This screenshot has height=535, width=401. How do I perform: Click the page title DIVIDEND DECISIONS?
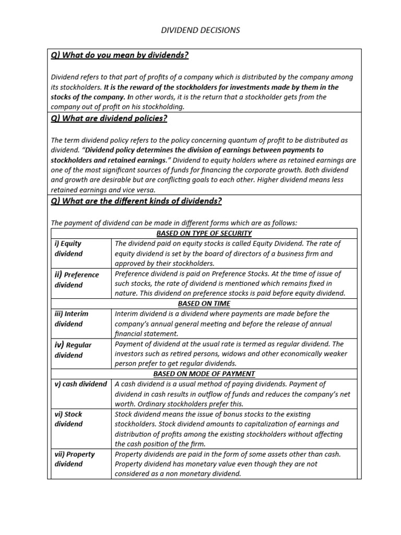(200, 30)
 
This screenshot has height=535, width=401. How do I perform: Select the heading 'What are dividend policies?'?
(109, 119)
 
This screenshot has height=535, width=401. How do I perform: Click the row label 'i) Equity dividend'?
(68, 248)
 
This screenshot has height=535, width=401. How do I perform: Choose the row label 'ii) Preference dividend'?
(76, 280)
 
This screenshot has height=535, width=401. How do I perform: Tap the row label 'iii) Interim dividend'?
(72, 319)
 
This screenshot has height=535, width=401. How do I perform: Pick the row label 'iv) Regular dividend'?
(73, 350)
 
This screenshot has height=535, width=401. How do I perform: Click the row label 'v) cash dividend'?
(80, 384)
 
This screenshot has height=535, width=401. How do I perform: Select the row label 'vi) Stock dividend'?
(68, 419)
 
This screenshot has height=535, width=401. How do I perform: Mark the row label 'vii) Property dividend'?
(75, 459)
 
